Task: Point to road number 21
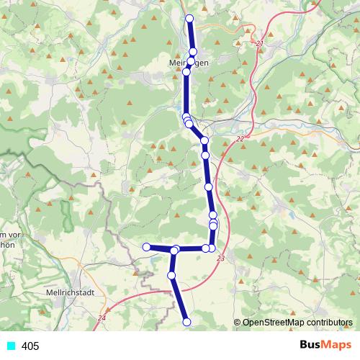260,45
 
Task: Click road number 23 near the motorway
220,258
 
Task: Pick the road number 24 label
102,318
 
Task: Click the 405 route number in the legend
30,346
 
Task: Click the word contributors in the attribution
329,323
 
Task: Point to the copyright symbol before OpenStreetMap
237,323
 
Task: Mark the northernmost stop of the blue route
189,18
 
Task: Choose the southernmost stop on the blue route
187,322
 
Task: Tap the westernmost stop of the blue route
146,247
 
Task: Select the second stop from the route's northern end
193,51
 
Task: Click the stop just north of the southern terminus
171,275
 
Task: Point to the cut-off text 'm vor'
10,235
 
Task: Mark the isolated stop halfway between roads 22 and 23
209,187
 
